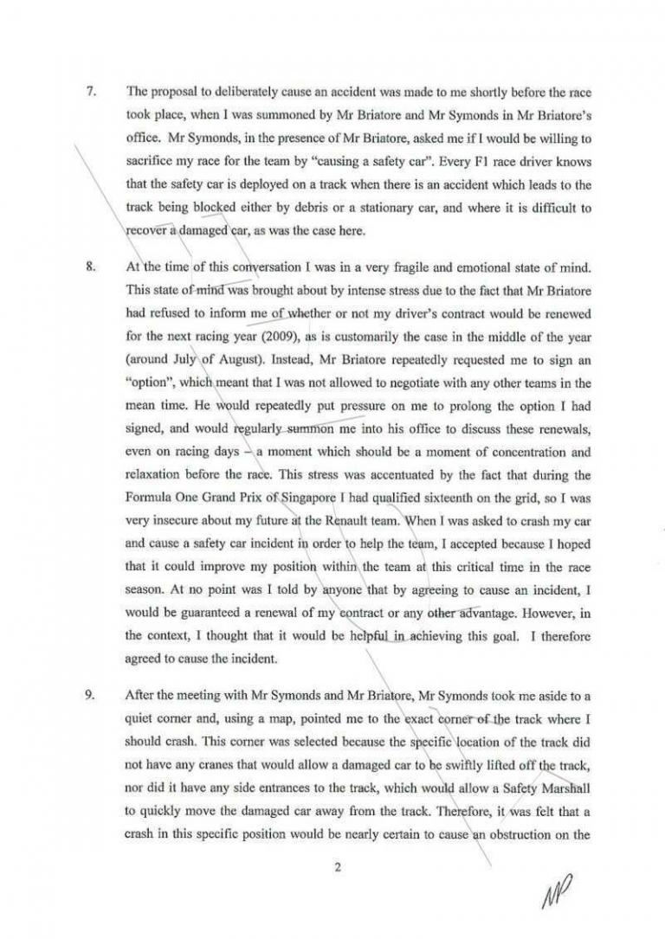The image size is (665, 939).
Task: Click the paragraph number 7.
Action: pos(89,91)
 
